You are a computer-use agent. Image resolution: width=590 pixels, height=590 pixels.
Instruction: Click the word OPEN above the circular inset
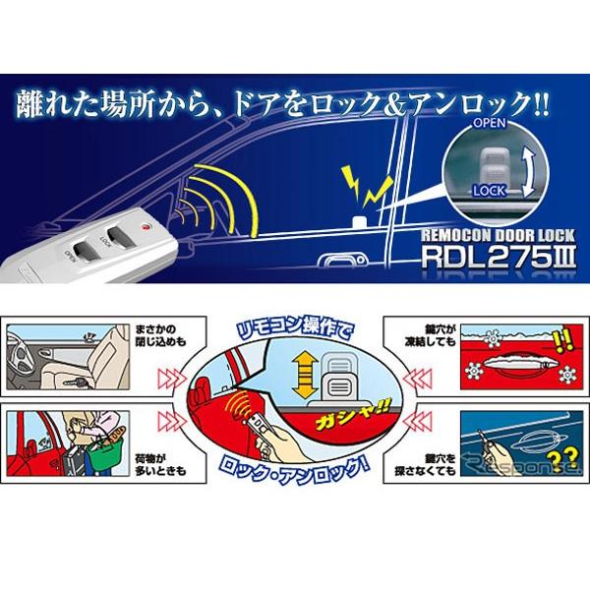pyautogui.click(x=489, y=126)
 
